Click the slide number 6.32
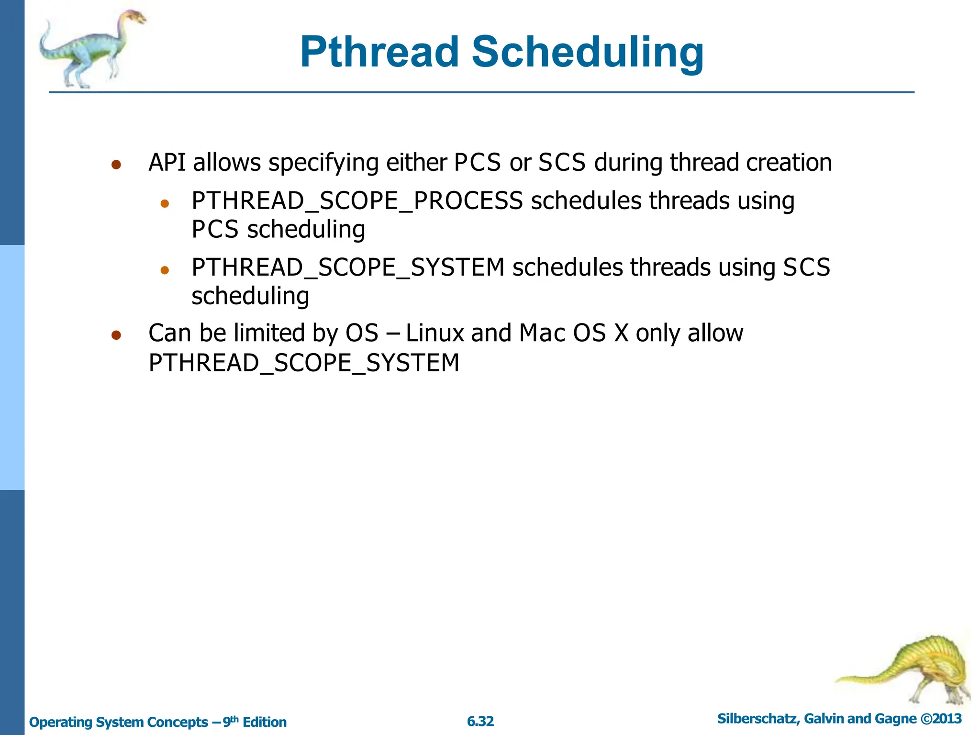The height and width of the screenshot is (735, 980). [480, 721]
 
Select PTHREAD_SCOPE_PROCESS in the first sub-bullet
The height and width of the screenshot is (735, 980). [357, 200]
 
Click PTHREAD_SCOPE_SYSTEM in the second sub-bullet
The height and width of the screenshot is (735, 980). [348, 267]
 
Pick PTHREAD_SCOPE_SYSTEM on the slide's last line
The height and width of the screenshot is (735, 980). [304, 363]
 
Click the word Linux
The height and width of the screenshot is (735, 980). [435, 333]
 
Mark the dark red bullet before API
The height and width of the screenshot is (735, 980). [116, 165]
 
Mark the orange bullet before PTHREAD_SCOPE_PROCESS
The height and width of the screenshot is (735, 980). [165, 204]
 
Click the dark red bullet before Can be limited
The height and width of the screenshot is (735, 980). [116, 335]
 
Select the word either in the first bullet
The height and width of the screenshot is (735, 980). [416, 162]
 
